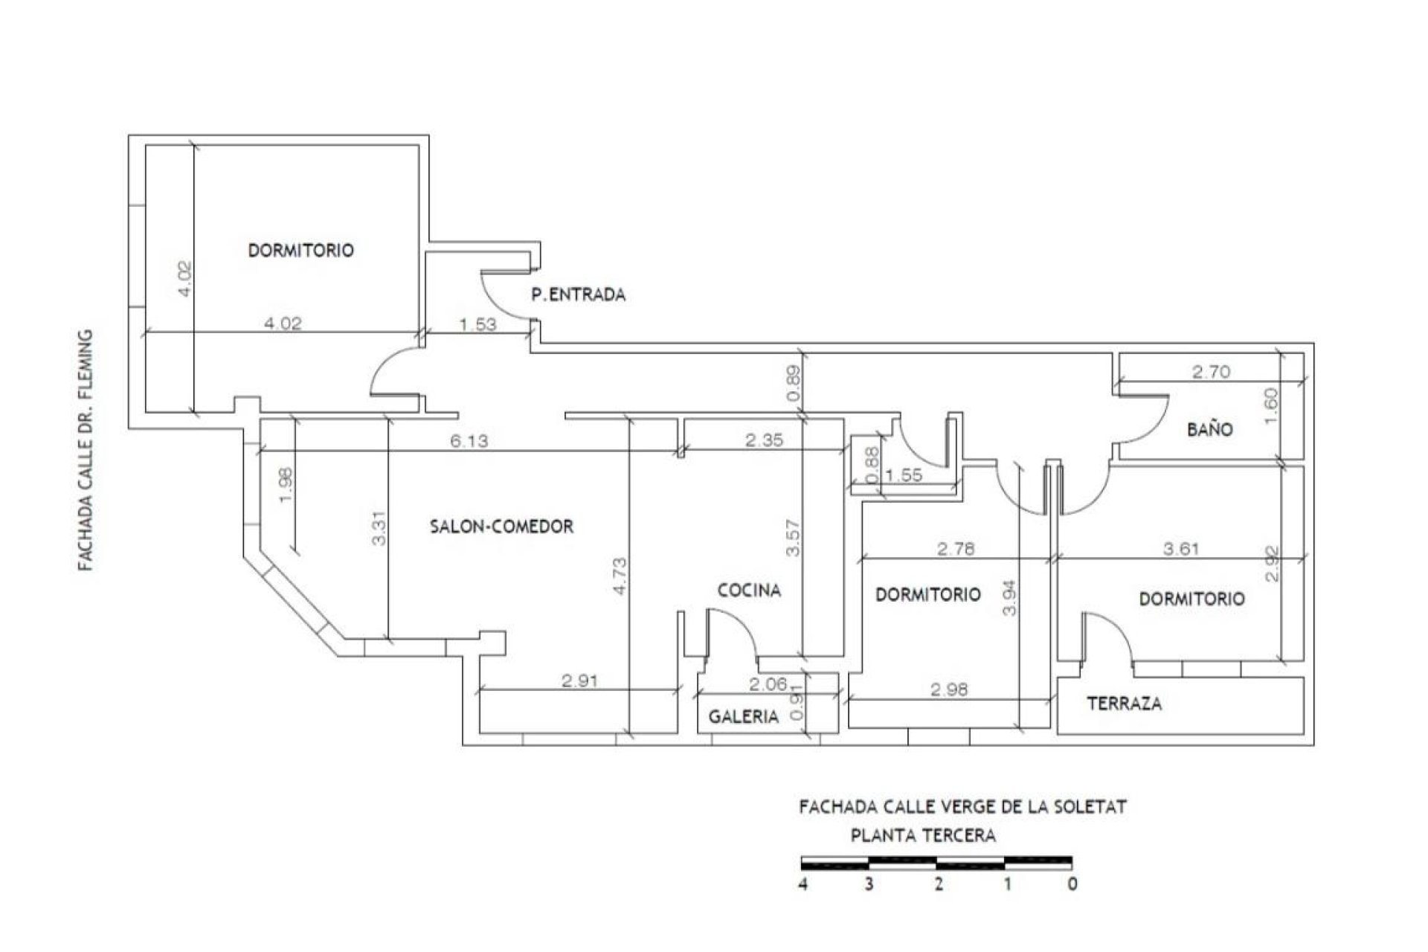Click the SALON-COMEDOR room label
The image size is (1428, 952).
(x=502, y=527)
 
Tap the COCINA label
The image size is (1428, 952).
(x=749, y=591)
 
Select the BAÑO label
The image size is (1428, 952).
(x=1210, y=429)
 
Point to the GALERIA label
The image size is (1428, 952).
(x=743, y=717)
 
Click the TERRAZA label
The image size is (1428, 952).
(x=1124, y=704)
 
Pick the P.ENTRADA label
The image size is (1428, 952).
(x=578, y=295)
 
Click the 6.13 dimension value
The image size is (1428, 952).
(x=469, y=441)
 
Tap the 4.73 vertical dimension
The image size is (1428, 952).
(x=620, y=576)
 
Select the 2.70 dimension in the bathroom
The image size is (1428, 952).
(x=1212, y=371)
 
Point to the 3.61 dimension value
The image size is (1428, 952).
(x=1180, y=549)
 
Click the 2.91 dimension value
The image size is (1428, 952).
(x=579, y=681)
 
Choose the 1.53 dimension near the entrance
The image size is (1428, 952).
(x=477, y=324)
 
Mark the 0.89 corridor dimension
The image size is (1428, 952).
(x=794, y=384)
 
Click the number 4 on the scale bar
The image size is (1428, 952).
(x=803, y=884)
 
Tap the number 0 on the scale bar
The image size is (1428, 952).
(x=1072, y=884)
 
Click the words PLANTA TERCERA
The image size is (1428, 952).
(x=923, y=835)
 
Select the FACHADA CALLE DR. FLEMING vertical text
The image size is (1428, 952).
(x=87, y=451)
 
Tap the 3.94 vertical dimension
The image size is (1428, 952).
(x=1009, y=598)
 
